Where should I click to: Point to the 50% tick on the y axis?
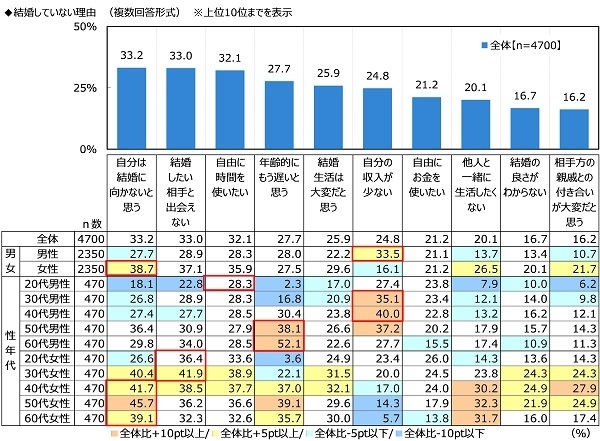coord(82,27)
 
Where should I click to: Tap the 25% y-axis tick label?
coord(82,88)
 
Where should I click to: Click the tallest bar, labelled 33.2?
coord(132,108)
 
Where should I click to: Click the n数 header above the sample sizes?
coord(91,225)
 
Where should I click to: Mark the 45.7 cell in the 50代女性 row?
coord(132,402)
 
